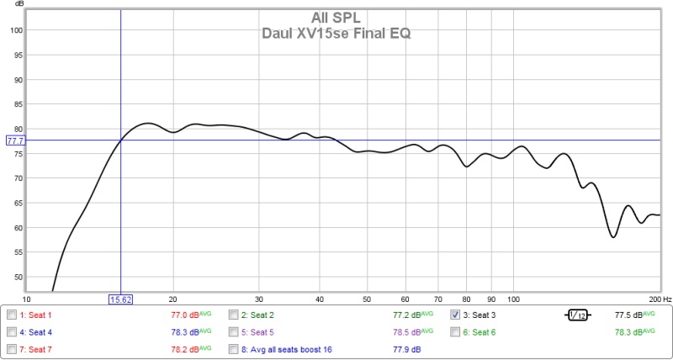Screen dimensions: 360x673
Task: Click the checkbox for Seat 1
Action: click(12, 315)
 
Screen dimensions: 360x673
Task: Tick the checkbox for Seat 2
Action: click(234, 315)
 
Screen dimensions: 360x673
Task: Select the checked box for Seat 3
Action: click(455, 315)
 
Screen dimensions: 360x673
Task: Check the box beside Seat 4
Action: click(12, 331)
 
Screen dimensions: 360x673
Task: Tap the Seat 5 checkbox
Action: click(234, 331)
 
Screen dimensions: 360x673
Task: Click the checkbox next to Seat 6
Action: click(455, 331)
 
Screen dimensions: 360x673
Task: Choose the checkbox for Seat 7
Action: click(12, 348)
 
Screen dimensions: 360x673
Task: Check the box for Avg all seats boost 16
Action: click(234, 348)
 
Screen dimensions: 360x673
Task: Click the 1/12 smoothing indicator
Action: click(578, 315)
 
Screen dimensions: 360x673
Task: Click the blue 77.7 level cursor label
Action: click(14, 140)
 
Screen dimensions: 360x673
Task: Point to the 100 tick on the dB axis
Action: click(15, 30)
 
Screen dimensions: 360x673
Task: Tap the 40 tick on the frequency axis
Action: click(320, 299)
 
